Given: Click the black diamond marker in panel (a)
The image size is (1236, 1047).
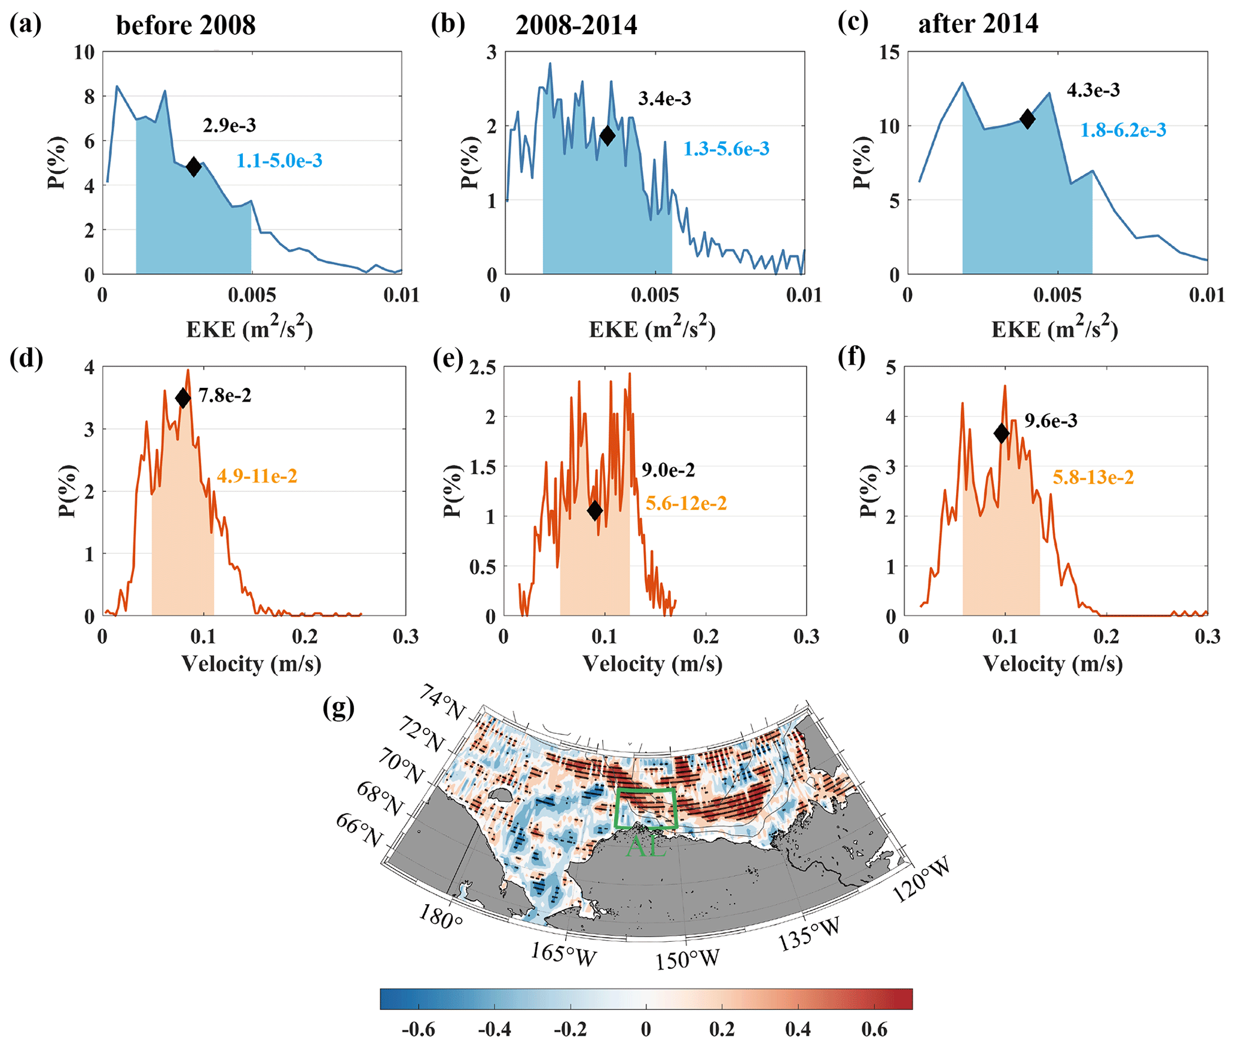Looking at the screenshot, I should pyautogui.click(x=193, y=167).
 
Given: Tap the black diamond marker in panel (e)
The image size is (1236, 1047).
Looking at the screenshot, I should pyautogui.click(x=594, y=510).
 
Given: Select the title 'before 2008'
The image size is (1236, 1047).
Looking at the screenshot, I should pyautogui.click(x=185, y=26).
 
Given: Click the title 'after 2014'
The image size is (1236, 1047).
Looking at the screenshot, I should pyautogui.click(x=978, y=24).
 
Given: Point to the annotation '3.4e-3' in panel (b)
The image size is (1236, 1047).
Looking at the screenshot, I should pyautogui.click(x=664, y=99).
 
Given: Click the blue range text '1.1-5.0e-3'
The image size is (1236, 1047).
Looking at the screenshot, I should pyautogui.click(x=279, y=161).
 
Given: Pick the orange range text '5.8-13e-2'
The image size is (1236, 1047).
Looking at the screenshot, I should pyautogui.click(x=1093, y=477).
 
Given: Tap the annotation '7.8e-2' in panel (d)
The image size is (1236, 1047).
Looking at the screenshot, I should pyautogui.click(x=225, y=396).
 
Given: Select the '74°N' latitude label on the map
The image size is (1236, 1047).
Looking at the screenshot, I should pyautogui.click(x=442, y=702).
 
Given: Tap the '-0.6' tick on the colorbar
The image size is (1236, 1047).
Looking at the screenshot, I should pyautogui.click(x=418, y=1029).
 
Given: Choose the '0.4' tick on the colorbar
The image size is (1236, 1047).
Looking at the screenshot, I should pyautogui.click(x=798, y=1029).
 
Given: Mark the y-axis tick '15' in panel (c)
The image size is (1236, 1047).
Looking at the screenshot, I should pyautogui.click(x=890, y=53).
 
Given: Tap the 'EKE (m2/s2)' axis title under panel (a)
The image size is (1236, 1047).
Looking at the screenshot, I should pyautogui.click(x=249, y=329).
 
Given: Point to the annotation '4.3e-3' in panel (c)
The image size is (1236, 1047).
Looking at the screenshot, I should pyautogui.click(x=1093, y=90).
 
